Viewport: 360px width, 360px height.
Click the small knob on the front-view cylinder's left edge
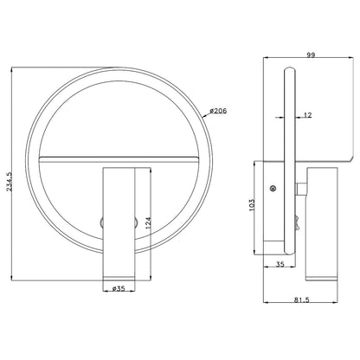coord(102,222)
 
